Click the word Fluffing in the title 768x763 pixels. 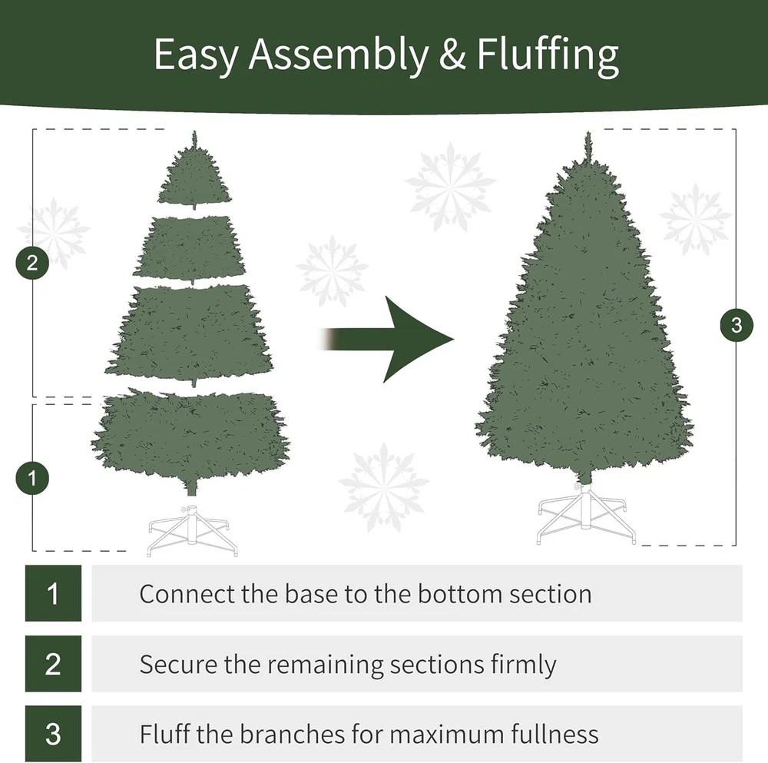click(547, 55)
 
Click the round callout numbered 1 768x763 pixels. click(32, 478)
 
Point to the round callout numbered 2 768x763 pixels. click(32, 263)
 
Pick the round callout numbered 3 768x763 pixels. click(737, 325)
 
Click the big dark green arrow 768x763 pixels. click(387, 339)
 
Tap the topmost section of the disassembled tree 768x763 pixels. click(194, 171)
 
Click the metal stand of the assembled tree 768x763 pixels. click(586, 513)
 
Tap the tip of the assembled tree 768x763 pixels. click(588, 132)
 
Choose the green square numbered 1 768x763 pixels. click(53, 593)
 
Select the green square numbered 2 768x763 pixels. click(53, 664)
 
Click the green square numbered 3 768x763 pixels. click(53, 734)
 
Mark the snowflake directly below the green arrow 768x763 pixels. click(384, 488)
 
